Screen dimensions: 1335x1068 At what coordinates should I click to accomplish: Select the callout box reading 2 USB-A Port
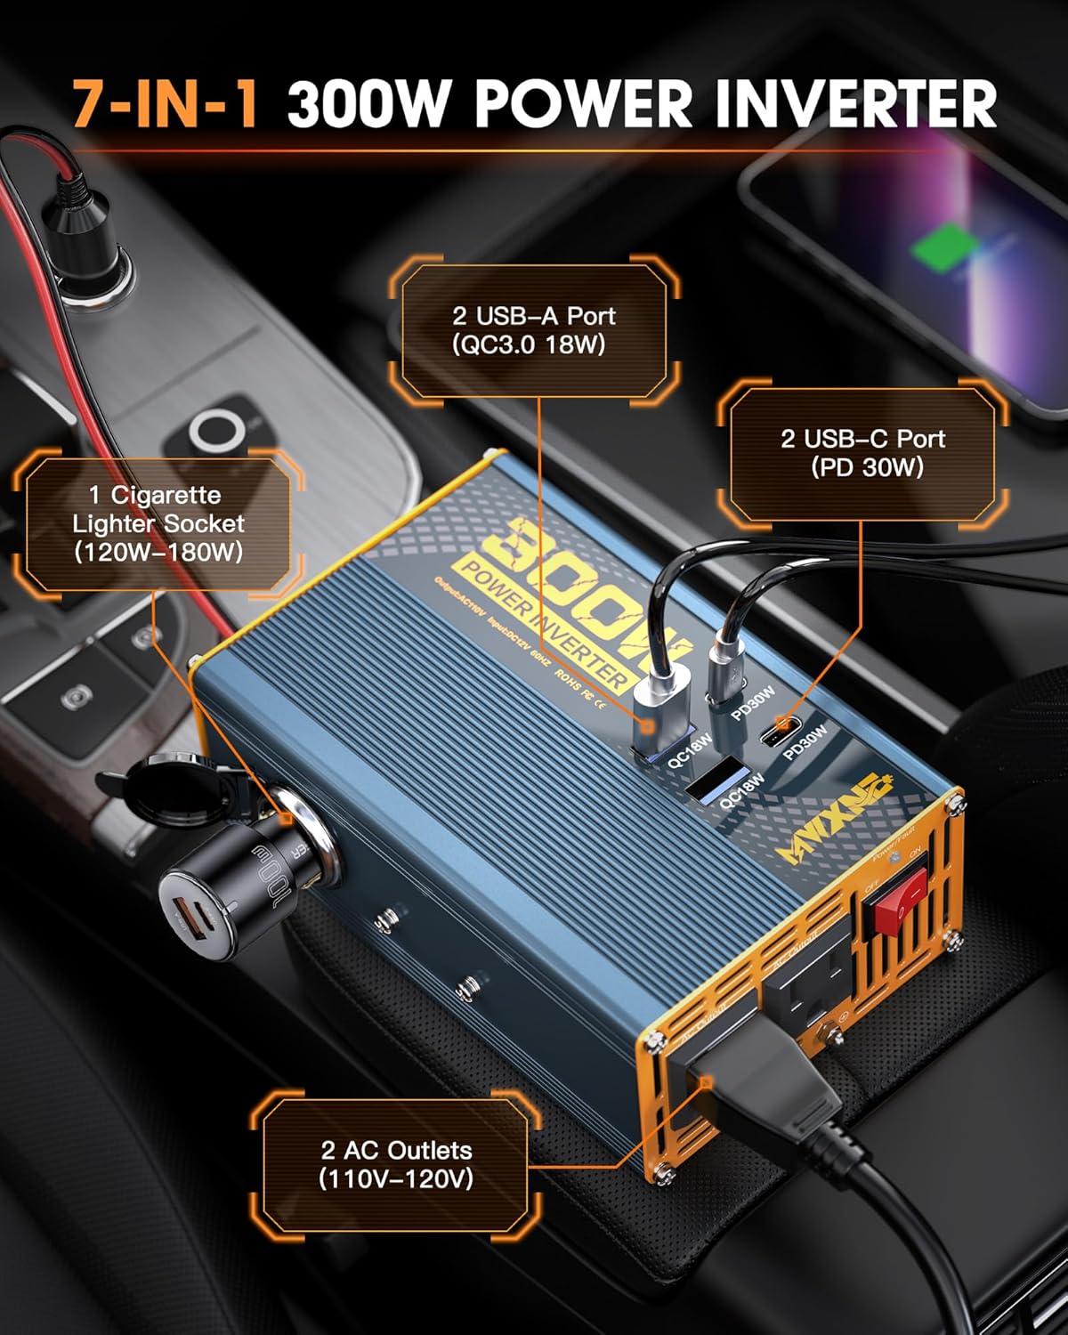[x=532, y=329]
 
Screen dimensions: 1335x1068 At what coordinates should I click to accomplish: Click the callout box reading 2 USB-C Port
[x=862, y=453]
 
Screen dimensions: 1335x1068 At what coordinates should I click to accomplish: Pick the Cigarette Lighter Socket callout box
[x=158, y=523]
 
